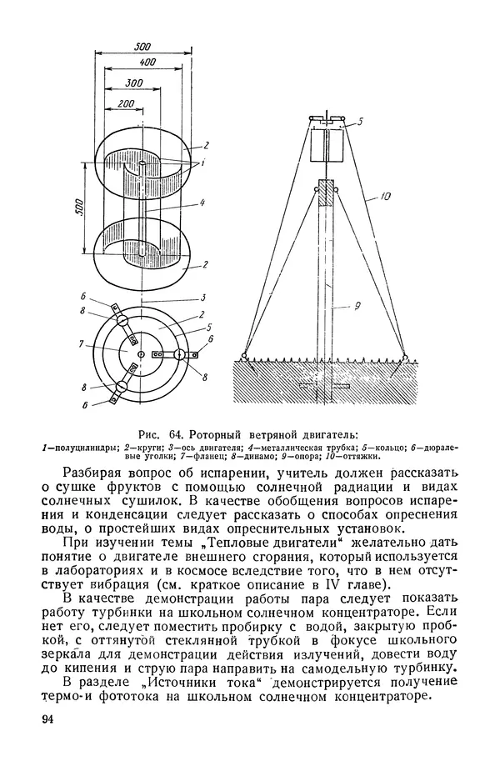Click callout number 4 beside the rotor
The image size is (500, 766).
coord(202,203)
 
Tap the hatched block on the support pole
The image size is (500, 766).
coord(327,193)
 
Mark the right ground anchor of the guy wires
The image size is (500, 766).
coord(405,358)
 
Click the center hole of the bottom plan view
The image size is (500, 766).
coord(139,354)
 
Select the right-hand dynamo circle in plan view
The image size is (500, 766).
coord(178,355)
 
